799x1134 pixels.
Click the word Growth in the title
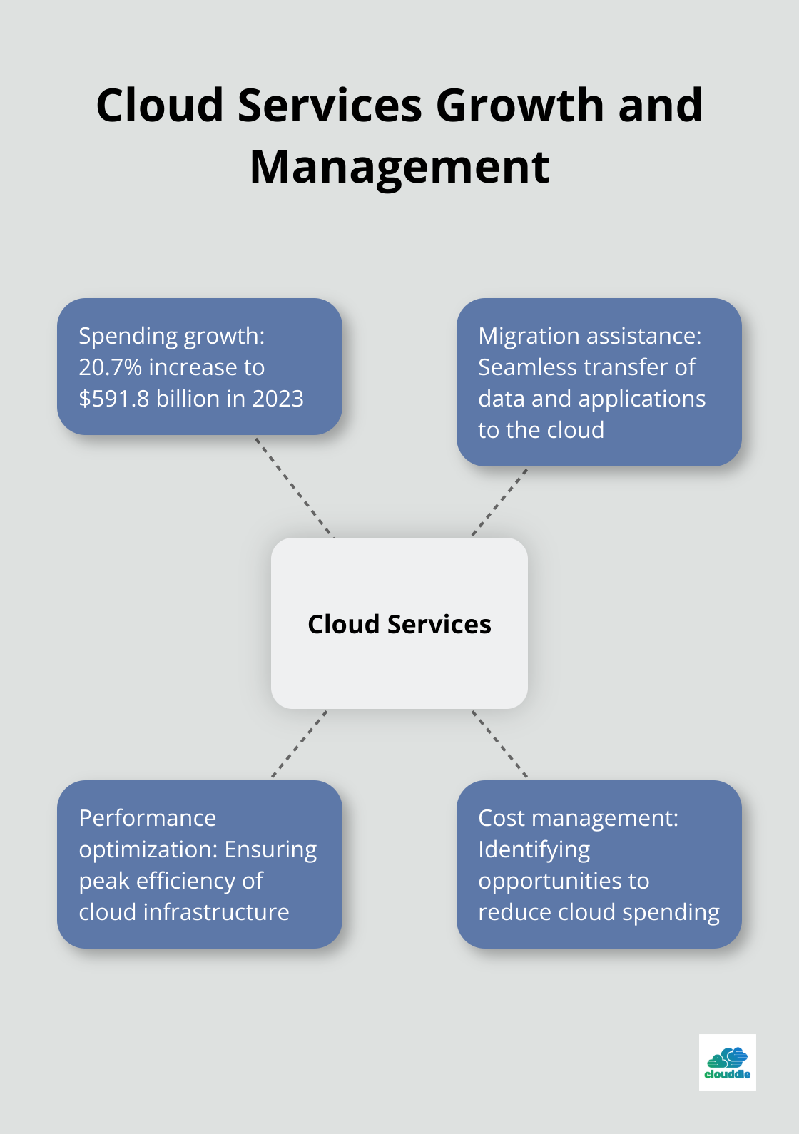520,105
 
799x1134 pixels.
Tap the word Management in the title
399,167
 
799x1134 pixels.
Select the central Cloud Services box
399,623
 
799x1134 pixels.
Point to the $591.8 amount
114,399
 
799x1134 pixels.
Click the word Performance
148,818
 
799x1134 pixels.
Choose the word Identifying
534,849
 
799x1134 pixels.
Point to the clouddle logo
727,1063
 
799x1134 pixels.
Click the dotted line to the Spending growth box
294,486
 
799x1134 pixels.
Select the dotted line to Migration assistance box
499,502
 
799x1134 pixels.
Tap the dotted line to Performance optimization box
300,743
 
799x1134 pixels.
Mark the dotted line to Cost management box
499,743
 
